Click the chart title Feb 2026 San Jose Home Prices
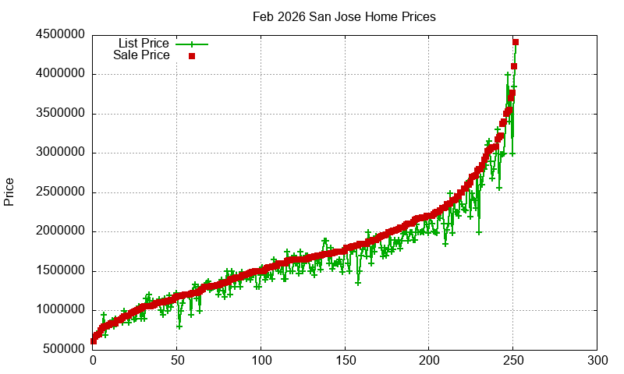point(344,16)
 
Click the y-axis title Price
point(9,192)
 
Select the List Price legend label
point(144,44)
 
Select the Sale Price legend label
point(141,55)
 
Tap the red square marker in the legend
point(192,56)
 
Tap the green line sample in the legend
point(192,44)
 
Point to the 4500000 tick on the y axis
point(61,35)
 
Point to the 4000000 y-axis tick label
point(61,74)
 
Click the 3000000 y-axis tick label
point(61,153)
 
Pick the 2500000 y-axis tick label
point(61,192)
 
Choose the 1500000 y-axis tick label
point(61,271)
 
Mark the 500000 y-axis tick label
point(64,349)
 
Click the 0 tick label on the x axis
point(93,361)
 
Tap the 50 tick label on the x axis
point(177,361)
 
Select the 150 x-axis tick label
point(346,361)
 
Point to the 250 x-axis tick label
point(513,361)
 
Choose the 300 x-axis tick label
point(597,361)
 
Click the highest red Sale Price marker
point(516,42)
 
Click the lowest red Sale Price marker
point(94,340)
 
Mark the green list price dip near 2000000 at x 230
point(479,231)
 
